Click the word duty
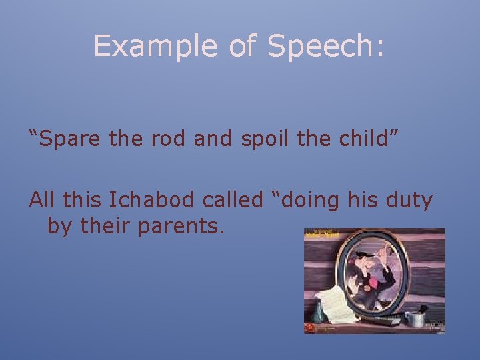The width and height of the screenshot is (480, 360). pos(409,199)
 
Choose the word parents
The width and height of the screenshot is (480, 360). pos(181,227)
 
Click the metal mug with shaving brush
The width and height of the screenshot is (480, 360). pos(416,317)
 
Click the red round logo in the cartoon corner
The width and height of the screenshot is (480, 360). pos(309,328)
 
